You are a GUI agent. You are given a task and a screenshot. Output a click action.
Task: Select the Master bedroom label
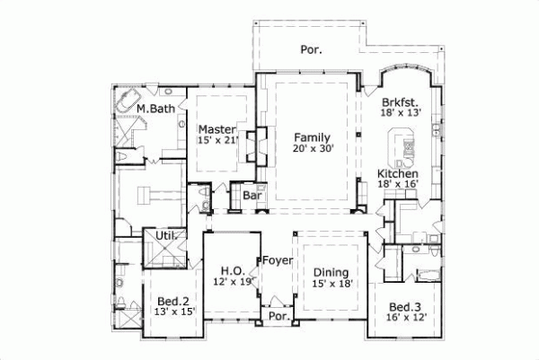point(216,129)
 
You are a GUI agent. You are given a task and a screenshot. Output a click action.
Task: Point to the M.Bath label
point(155,110)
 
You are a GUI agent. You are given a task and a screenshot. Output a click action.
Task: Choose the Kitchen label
point(398,173)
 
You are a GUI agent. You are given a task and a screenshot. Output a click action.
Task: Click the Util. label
point(165,236)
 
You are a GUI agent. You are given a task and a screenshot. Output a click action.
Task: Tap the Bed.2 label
point(172,301)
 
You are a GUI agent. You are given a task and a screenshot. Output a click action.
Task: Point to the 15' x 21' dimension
point(216,141)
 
